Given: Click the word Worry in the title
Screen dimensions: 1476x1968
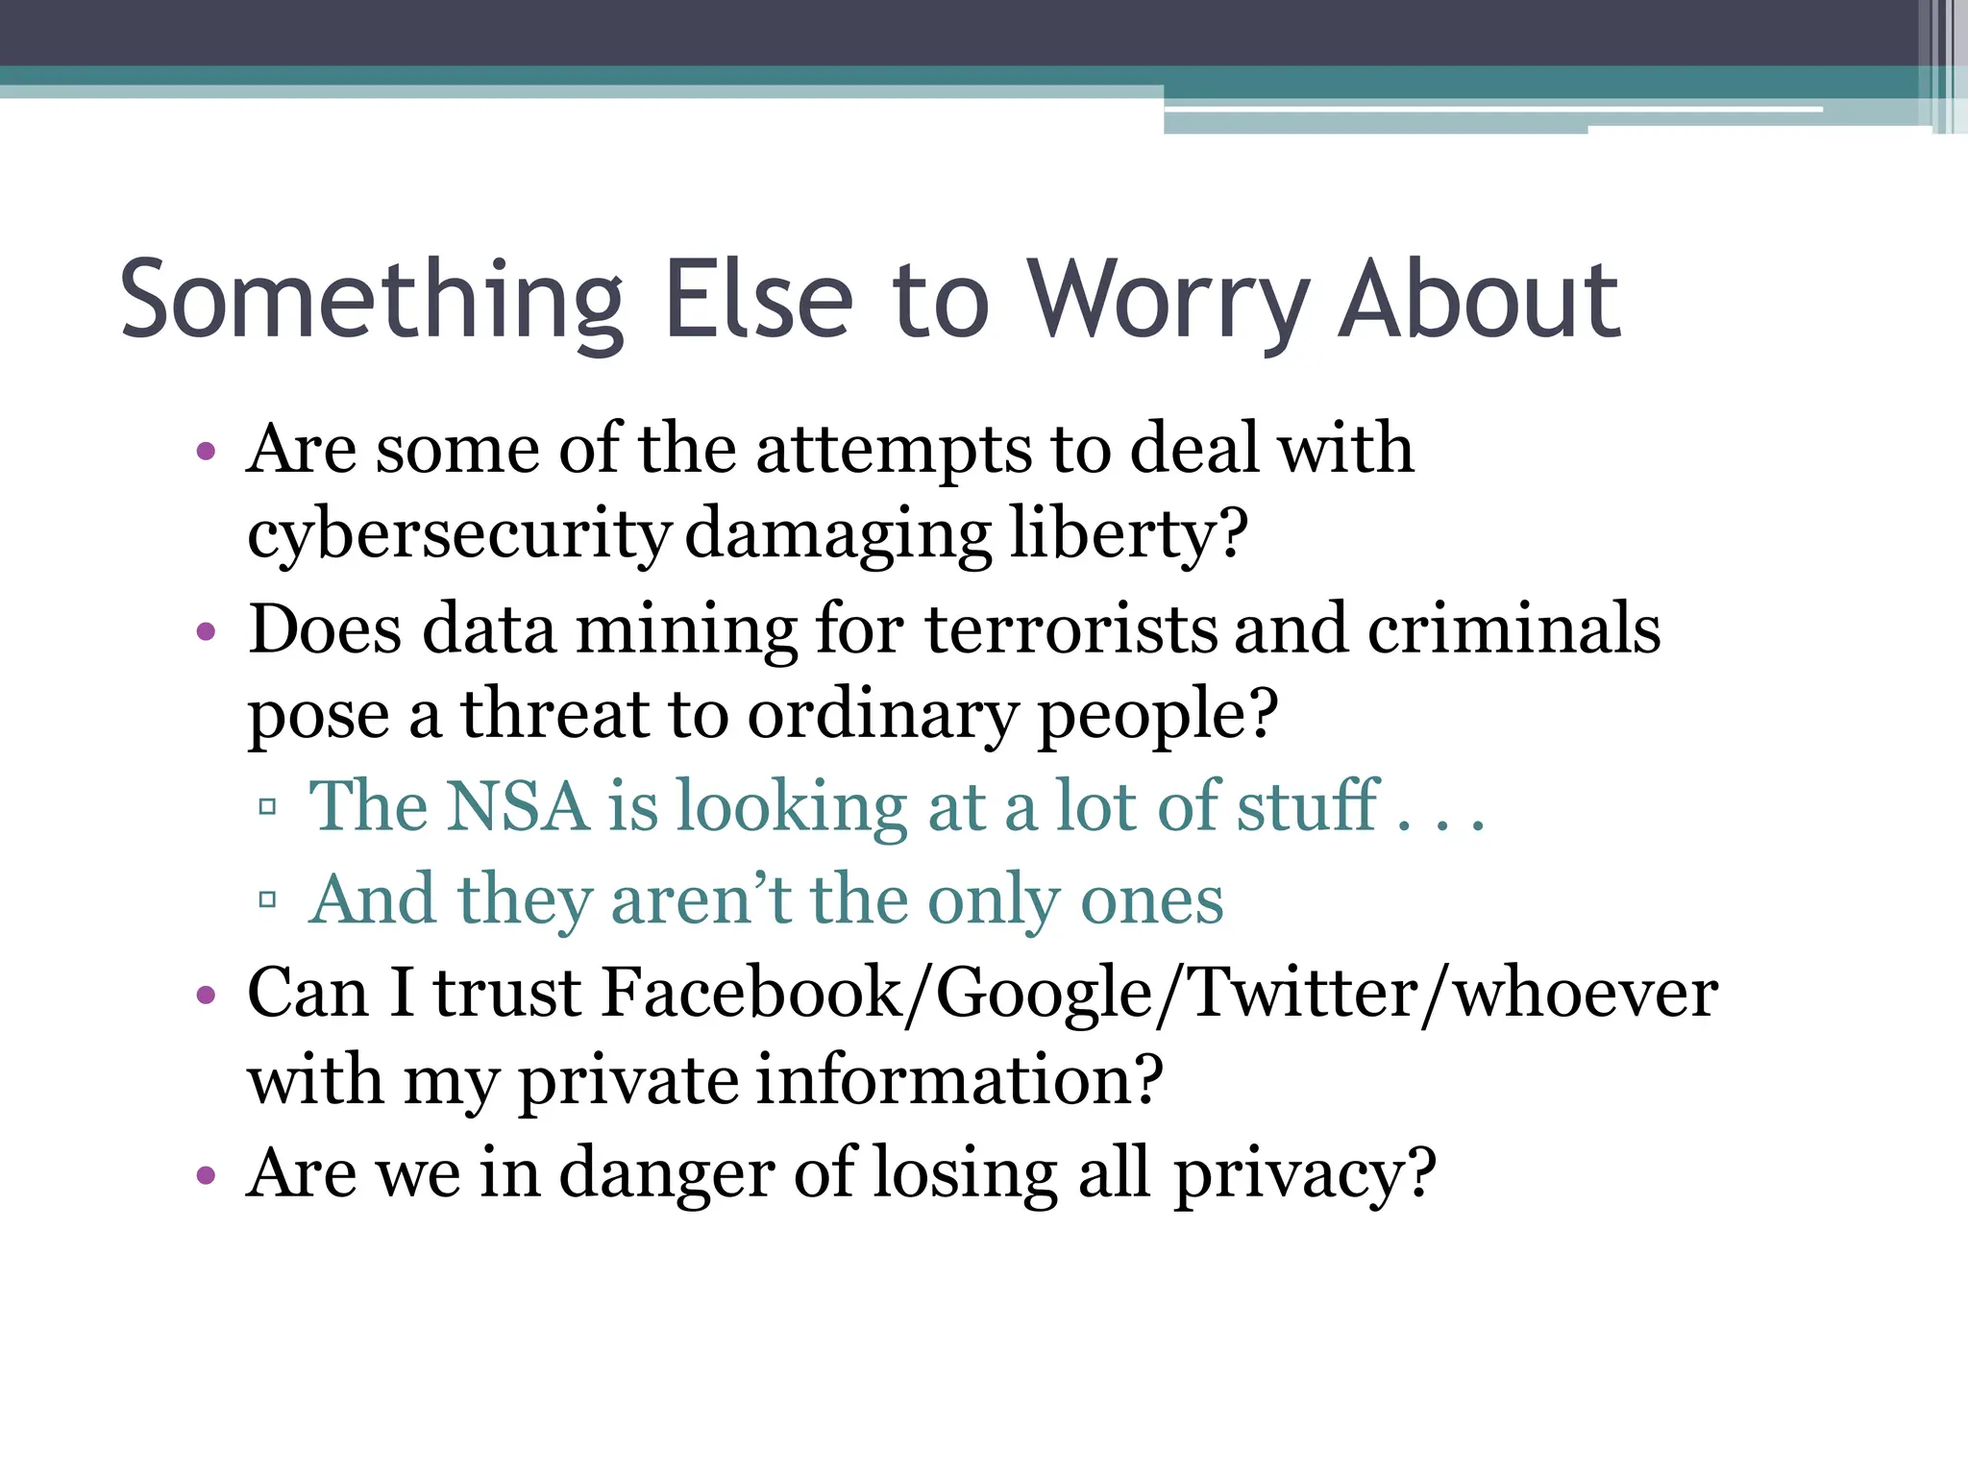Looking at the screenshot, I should coord(1168,300).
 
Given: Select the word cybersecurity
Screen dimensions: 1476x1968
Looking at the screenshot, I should coord(458,534).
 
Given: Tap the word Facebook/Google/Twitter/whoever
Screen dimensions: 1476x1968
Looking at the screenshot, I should coord(1160,993).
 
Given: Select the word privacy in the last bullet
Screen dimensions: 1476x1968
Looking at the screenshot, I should coord(1305,1173).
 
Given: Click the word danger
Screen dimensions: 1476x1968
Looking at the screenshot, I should coord(666,1173).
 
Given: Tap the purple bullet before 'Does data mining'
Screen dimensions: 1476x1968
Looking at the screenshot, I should coord(206,632).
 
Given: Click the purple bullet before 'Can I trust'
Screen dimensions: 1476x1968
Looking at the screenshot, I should coord(206,996).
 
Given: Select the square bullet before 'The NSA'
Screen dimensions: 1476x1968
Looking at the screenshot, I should coord(268,807).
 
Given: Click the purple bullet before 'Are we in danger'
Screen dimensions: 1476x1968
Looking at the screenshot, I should coord(206,1175).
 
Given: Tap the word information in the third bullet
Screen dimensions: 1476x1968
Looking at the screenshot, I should coord(959,1080).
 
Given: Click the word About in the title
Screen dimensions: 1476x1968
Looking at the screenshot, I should coord(1480,300).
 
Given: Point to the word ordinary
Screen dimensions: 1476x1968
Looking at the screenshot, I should coord(882,715).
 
